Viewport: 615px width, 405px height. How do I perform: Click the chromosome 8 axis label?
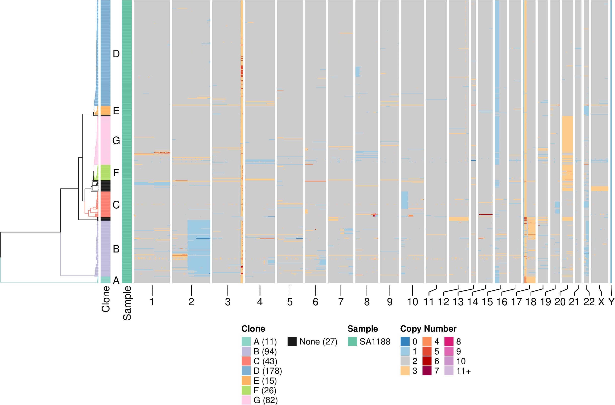click(367, 302)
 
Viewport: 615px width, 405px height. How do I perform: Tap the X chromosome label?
click(601, 302)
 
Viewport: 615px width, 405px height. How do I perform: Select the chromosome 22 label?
click(589, 302)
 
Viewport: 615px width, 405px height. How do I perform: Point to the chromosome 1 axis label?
click(152, 302)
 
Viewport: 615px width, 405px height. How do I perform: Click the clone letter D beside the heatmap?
click(116, 54)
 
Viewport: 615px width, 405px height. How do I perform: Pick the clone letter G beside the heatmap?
click(116, 141)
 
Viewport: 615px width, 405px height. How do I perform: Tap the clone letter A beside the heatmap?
click(116, 280)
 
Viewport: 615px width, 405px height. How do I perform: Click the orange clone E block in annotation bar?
click(105, 111)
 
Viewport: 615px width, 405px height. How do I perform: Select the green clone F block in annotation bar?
click(105, 173)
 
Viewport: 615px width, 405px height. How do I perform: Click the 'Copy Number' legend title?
click(428, 329)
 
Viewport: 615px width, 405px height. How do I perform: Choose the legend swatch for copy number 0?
click(405, 342)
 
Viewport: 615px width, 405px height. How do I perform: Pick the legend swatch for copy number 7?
click(427, 371)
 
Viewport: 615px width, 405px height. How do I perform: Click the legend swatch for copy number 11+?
click(449, 371)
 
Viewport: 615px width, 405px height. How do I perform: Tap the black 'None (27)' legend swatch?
click(292, 342)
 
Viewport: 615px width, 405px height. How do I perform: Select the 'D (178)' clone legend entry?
click(268, 371)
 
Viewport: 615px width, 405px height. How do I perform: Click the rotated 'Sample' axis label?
click(127, 303)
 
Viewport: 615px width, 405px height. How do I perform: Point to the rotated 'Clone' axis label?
click(106, 299)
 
